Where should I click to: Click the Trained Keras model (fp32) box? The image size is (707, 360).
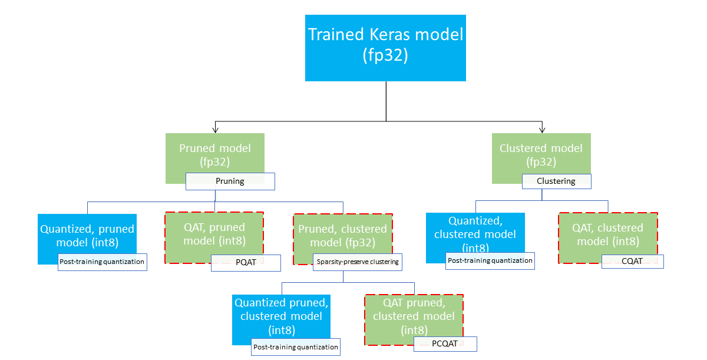click(385, 48)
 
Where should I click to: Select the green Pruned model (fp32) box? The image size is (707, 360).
click(214, 154)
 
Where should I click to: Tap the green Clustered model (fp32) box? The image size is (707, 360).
click(541, 154)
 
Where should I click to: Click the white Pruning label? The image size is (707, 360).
click(230, 181)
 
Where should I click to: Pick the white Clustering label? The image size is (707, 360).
click(556, 181)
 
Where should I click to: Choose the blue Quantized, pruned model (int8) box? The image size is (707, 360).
click(87, 234)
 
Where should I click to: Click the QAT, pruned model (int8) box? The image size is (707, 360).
click(214, 234)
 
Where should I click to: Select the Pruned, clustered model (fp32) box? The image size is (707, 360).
click(342, 234)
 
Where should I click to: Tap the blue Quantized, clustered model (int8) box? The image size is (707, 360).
click(474, 234)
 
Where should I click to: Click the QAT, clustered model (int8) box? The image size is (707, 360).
click(607, 234)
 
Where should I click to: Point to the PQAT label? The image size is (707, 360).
click(245, 263)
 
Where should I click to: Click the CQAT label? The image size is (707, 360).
click(632, 262)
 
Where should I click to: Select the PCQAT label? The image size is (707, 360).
click(445, 344)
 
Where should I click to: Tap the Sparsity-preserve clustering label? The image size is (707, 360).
click(357, 262)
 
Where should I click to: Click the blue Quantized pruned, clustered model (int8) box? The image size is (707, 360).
click(281, 316)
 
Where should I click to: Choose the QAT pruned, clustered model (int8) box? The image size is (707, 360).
click(414, 316)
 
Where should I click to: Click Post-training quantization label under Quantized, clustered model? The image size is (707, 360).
click(490, 261)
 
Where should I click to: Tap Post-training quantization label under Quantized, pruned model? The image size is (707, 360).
click(102, 262)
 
